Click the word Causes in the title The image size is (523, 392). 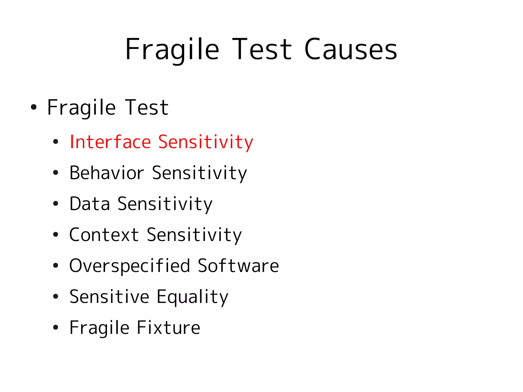coord(351,49)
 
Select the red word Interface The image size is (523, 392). coord(110,142)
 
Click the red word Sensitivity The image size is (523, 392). coord(206,142)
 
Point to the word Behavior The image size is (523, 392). coord(107,173)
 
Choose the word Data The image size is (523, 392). coord(90,204)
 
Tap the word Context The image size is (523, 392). coord(104,235)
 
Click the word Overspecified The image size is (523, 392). coord(130,266)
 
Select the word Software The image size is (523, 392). coord(238,266)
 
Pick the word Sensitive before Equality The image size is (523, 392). coord(109,297)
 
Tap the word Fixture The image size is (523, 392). coord(169,328)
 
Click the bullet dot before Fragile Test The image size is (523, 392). coord(33,107)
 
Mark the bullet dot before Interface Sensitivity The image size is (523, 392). coord(56,142)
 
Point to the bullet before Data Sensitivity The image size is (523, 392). coord(56,204)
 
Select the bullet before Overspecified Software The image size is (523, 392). coord(56,266)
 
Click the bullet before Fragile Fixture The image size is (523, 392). coord(56,328)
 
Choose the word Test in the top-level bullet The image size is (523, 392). coord(147,108)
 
